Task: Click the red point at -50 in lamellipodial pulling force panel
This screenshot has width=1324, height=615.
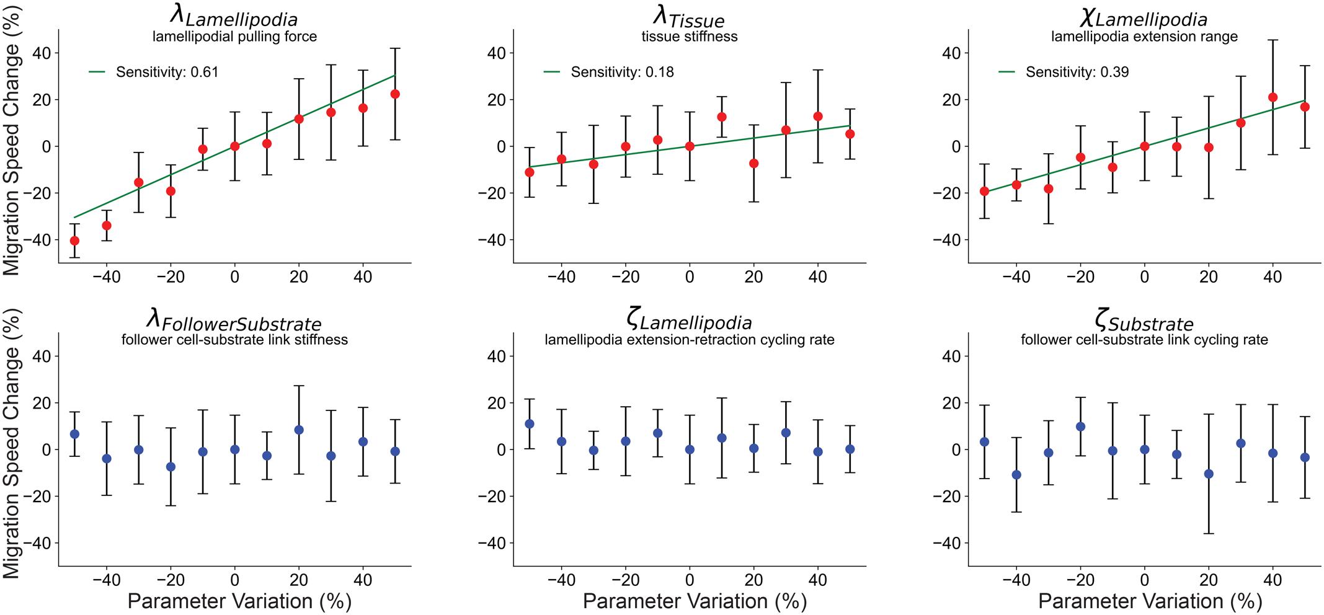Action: point(74,241)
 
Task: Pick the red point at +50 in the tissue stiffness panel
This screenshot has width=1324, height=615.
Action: point(850,134)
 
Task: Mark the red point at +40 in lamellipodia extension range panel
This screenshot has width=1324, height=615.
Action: point(1273,97)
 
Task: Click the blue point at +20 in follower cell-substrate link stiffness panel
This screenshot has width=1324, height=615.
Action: point(299,430)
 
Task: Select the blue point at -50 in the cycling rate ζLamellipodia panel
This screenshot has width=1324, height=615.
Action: point(529,424)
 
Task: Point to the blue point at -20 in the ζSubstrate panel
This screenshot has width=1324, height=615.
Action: point(1080,427)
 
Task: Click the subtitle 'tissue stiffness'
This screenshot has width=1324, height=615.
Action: point(690,37)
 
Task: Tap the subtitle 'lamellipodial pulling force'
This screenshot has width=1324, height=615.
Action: point(234,37)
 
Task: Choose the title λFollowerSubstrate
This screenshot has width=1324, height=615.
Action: point(234,320)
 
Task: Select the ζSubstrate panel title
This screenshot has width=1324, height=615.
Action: point(1144,321)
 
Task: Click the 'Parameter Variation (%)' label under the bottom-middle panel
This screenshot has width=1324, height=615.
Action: point(695,601)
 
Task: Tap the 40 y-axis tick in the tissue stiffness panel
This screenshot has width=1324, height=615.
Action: point(496,53)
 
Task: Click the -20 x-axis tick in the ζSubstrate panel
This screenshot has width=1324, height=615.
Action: point(1080,580)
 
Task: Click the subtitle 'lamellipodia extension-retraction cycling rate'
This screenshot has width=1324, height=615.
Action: point(690,340)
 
